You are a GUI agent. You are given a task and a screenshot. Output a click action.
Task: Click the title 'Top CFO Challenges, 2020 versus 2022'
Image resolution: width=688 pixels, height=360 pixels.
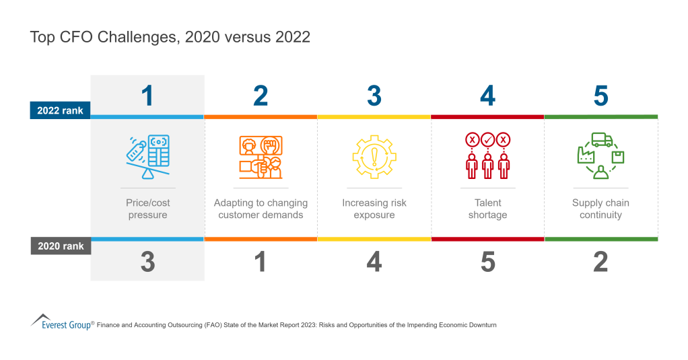170,37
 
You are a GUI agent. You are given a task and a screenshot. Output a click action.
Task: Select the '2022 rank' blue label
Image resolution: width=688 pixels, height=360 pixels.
60,110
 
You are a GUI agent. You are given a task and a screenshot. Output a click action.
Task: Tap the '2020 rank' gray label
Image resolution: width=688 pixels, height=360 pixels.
60,246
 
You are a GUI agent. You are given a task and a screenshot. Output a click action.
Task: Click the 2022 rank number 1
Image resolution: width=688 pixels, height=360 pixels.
147,96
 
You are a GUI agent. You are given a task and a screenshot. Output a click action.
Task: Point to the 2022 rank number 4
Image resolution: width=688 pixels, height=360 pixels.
487,96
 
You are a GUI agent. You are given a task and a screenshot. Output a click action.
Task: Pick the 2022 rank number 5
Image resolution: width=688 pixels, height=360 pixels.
600,96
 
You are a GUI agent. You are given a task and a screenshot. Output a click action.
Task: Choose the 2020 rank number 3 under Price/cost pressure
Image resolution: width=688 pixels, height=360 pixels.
147,262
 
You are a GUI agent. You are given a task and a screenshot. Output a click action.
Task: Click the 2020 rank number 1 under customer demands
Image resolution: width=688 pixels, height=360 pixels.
261,262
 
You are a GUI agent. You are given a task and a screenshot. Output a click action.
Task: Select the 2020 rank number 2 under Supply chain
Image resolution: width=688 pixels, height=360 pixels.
600,262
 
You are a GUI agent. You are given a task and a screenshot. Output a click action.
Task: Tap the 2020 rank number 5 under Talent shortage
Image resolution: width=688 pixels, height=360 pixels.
487,262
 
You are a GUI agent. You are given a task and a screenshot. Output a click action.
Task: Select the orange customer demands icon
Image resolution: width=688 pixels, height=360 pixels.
261,157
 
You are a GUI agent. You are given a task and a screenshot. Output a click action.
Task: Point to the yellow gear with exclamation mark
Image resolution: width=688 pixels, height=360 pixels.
374,157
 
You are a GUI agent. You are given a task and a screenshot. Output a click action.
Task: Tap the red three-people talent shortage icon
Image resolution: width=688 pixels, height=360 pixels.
487,157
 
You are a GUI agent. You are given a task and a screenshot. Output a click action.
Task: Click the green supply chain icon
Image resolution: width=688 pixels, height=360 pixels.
600,157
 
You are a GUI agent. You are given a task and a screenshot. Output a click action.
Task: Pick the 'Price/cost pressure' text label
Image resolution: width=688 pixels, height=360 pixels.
147,209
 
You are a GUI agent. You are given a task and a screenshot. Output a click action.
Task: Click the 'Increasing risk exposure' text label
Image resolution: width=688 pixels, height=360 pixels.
374,209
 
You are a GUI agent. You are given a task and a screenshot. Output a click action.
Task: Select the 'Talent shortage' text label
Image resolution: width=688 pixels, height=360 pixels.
487,209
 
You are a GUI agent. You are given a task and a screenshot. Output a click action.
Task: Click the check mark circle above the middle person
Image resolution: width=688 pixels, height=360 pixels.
487,140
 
